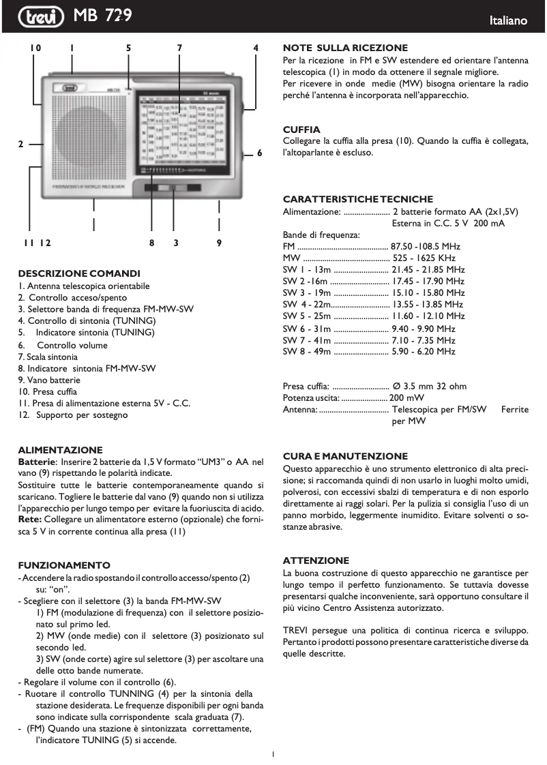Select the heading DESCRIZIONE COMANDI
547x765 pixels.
pos(79,273)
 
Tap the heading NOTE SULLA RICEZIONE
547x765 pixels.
pos(345,48)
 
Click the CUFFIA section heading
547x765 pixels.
pos(301,129)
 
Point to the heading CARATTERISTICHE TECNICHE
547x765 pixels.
pos(357,199)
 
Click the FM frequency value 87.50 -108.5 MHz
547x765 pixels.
pos(426,246)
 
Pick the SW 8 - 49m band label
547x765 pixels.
pos(307,352)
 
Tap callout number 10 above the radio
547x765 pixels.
pos(35,48)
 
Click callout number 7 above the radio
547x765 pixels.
pos(179,48)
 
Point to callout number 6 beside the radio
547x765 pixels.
pos(259,153)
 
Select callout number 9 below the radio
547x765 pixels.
pos(219,242)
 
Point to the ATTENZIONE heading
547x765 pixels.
pos(316,560)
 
